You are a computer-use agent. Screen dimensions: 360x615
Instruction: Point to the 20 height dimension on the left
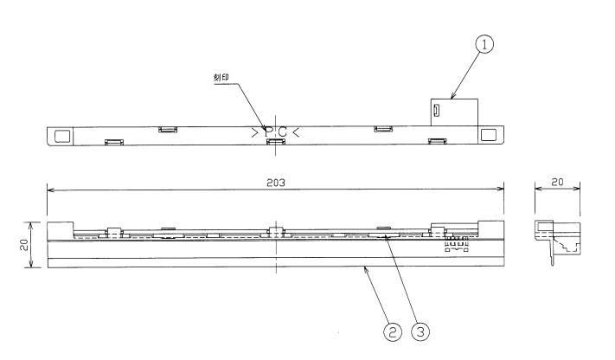(25, 245)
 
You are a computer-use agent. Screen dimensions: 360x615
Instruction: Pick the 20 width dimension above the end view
(557, 183)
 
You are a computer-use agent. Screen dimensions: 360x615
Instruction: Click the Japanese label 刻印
(226, 78)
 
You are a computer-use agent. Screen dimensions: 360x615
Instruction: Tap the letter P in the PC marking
(268, 132)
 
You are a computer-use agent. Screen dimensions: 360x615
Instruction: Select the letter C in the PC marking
(282, 132)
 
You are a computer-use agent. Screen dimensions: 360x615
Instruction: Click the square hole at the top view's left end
(61, 136)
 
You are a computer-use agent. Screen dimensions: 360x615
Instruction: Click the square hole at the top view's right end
(490, 136)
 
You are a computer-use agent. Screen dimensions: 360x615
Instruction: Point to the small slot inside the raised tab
(438, 111)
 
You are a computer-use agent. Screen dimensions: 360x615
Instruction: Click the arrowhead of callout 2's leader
(366, 269)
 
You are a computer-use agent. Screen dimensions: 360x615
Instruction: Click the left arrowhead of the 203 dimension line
(49, 189)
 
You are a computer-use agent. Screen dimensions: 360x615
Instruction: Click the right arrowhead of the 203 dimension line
(503, 189)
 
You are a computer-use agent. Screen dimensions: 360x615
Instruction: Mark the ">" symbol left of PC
(254, 132)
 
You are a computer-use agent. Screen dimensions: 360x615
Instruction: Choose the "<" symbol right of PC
(296, 132)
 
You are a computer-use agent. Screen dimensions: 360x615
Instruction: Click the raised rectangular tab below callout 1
(454, 112)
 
